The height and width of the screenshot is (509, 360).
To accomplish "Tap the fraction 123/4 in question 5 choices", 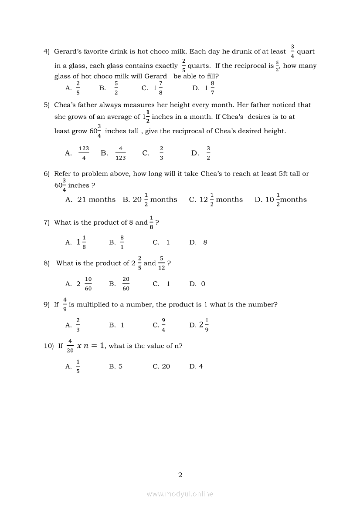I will point(84,153).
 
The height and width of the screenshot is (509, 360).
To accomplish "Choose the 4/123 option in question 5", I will point(120,153).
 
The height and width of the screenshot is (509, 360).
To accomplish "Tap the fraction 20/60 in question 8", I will point(126,284).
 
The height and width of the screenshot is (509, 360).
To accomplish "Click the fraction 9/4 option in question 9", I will point(163,325).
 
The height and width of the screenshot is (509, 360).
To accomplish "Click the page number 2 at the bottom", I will point(180,475).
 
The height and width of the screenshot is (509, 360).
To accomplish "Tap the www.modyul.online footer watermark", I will point(180,494).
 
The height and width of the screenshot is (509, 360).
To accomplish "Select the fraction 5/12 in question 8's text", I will point(162,263).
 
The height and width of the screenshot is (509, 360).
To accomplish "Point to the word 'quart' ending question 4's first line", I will point(306,51).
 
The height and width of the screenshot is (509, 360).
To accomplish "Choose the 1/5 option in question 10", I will point(78,367).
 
